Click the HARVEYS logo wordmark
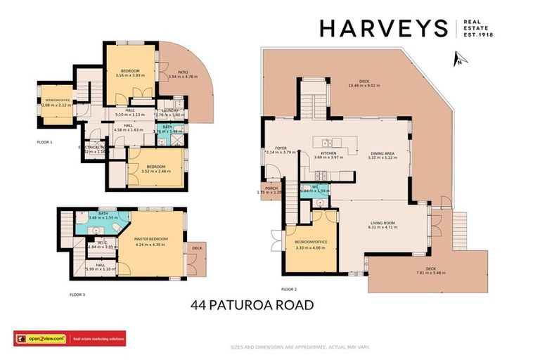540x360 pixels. coord(383,28)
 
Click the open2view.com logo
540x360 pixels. coord(41,339)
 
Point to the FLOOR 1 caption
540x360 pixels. coord(45,143)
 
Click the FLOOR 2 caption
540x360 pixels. coord(289,289)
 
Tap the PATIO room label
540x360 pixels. coord(182,71)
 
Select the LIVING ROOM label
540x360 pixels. coord(385,223)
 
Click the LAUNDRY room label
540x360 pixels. coord(169,110)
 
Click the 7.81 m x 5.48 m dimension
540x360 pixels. coord(431,273)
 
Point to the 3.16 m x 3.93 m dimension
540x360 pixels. coord(130,75)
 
